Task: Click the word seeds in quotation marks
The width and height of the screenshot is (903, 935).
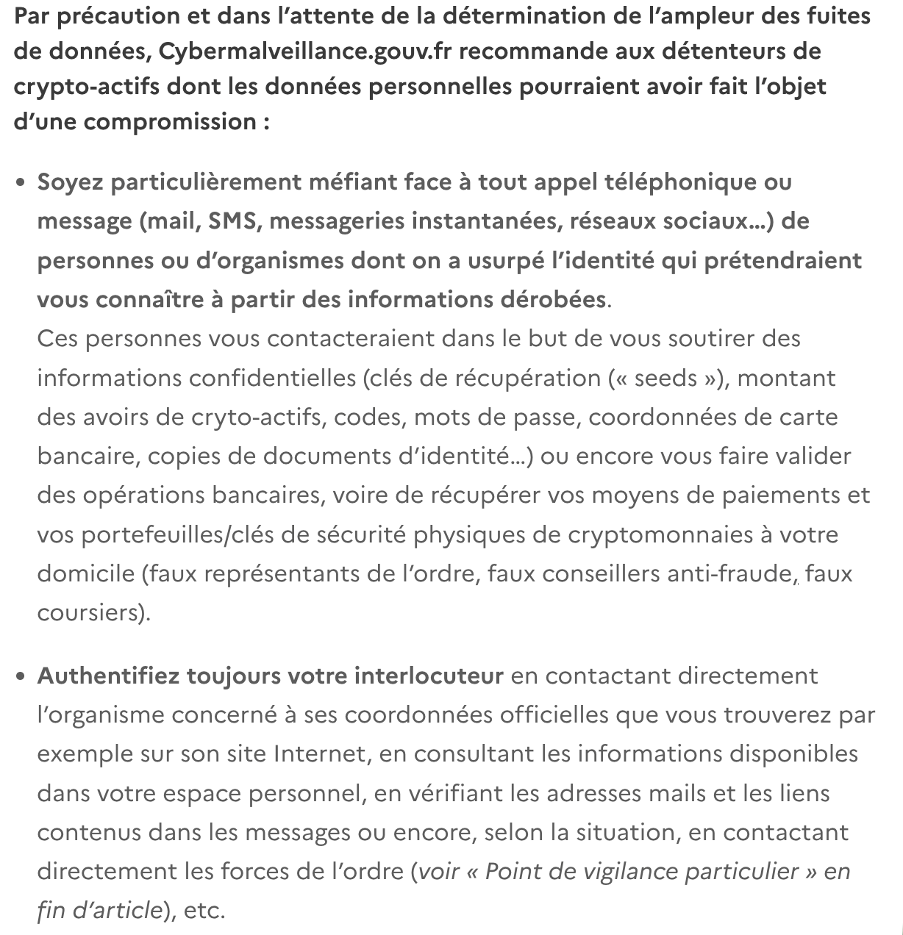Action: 665,379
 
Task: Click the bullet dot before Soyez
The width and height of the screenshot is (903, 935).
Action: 21,182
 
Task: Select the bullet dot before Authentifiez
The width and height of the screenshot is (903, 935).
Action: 21,676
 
